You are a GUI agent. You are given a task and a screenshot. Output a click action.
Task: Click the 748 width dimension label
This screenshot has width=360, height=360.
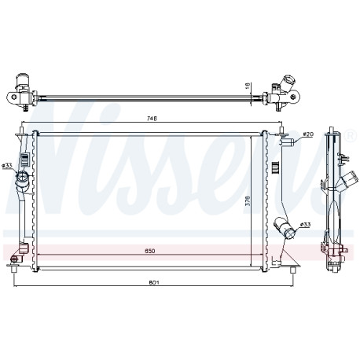click(x=152, y=119)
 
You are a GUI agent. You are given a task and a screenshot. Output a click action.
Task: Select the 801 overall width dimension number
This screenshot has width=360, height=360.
click(x=154, y=282)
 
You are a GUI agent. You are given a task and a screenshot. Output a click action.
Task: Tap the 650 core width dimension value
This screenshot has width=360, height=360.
click(x=150, y=251)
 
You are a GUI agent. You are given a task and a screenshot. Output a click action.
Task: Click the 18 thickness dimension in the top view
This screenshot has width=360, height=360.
click(x=248, y=86)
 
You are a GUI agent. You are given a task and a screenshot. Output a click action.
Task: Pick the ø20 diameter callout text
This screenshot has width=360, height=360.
click(x=308, y=134)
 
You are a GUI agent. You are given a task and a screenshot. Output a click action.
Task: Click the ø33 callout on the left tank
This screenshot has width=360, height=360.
click(x=7, y=165)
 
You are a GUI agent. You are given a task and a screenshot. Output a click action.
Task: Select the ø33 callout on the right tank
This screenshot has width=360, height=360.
click(x=305, y=224)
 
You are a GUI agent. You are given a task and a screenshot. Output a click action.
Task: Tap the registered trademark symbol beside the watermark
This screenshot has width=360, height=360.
click(x=351, y=135)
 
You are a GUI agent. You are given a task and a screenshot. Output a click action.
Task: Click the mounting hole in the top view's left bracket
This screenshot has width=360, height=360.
click(x=14, y=97)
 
